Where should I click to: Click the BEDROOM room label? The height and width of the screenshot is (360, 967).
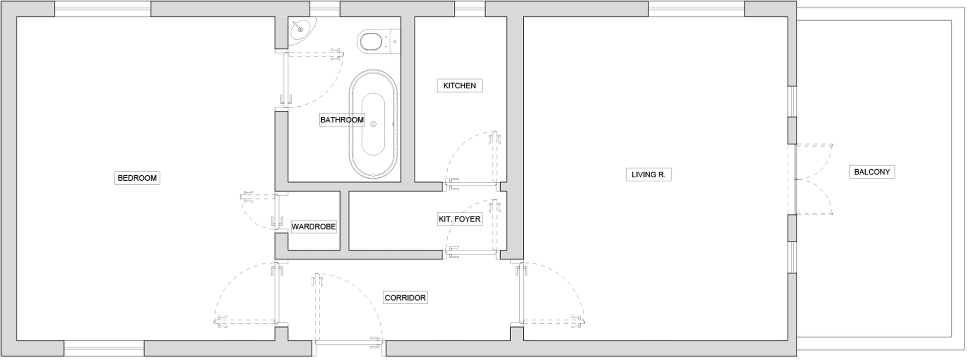[137, 178]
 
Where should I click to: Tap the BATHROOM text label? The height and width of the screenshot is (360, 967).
[342, 120]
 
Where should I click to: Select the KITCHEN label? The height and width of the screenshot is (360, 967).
[459, 86]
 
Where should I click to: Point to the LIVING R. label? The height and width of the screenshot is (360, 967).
[649, 175]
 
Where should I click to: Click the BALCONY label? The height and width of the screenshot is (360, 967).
[872, 172]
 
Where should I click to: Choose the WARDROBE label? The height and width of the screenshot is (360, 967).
[314, 227]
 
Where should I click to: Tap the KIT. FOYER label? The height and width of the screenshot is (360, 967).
[459, 219]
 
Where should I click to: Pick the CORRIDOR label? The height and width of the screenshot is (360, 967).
[405, 298]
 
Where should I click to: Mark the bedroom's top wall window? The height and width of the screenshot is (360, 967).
[103, 9]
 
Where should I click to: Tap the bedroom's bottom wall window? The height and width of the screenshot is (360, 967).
[104, 348]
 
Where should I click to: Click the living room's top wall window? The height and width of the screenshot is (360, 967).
[697, 9]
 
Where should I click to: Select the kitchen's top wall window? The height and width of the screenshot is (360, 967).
[469, 9]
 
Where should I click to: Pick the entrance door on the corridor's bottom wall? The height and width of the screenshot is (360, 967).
[349, 310]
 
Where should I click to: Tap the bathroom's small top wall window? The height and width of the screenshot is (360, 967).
[325, 9]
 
